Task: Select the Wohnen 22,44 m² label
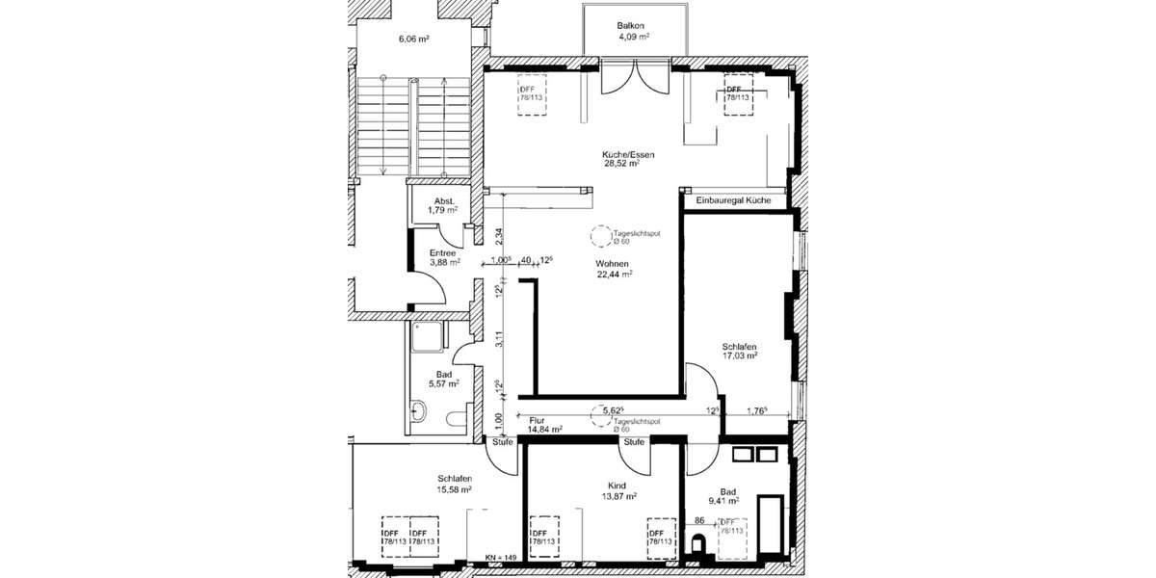pyautogui.click(x=613, y=268)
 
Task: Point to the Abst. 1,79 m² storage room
pyautogui.click(x=444, y=205)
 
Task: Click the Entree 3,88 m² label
pyautogui.click(x=444, y=257)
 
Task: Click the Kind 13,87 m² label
pyautogui.click(x=617, y=490)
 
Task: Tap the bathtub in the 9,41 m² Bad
pyautogui.click(x=772, y=526)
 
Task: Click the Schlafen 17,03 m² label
pyautogui.click(x=739, y=351)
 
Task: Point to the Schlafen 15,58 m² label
pyautogui.click(x=454, y=484)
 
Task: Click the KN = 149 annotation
pyautogui.click(x=502, y=557)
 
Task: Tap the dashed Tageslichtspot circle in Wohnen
pyautogui.click(x=600, y=236)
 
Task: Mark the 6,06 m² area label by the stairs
pyautogui.click(x=413, y=39)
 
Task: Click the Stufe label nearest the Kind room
pyautogui.click(x=633, y=441)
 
